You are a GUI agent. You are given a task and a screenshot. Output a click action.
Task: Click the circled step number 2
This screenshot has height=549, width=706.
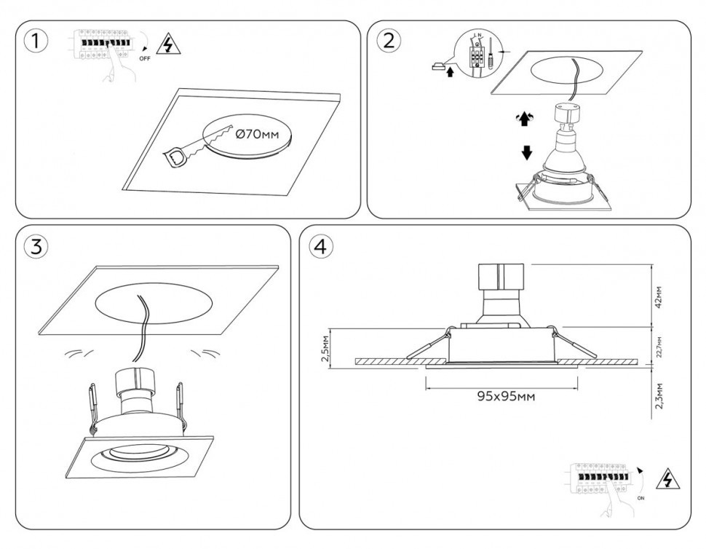[x=389, y=41]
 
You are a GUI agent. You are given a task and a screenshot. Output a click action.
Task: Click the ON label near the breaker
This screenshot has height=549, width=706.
[x=641, y=499]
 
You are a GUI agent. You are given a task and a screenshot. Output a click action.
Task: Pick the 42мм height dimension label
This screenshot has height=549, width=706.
[x=659, y=297]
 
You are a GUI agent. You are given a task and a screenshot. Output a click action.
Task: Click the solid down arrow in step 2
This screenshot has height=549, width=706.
[x=528, y=154]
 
